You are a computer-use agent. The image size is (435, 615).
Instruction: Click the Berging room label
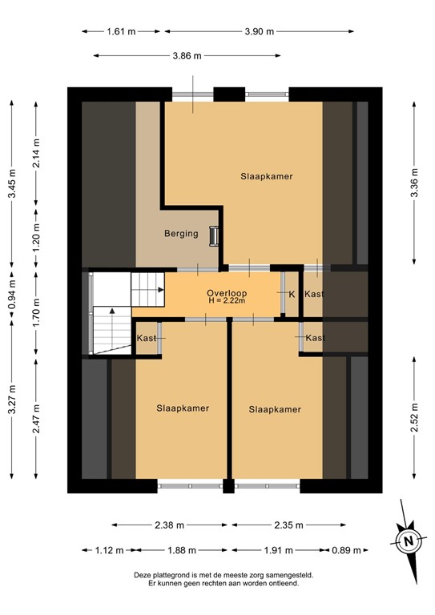pos(180,234)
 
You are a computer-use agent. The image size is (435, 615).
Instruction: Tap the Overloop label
pos(226,293)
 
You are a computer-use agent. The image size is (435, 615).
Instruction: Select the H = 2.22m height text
pos(226,303)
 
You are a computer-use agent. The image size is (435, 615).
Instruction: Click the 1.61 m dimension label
pos(121,31)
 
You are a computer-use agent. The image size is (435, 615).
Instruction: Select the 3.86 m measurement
pos(186,56)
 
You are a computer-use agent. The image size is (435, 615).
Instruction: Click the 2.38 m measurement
pos(169,525)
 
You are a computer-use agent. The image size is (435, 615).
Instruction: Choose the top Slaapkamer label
pos(266,176)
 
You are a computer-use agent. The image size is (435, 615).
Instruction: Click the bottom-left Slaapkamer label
pos(183,408)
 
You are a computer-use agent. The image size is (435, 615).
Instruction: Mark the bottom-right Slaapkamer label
pos(275,409)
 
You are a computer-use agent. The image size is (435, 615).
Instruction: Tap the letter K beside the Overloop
pos(292,295)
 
